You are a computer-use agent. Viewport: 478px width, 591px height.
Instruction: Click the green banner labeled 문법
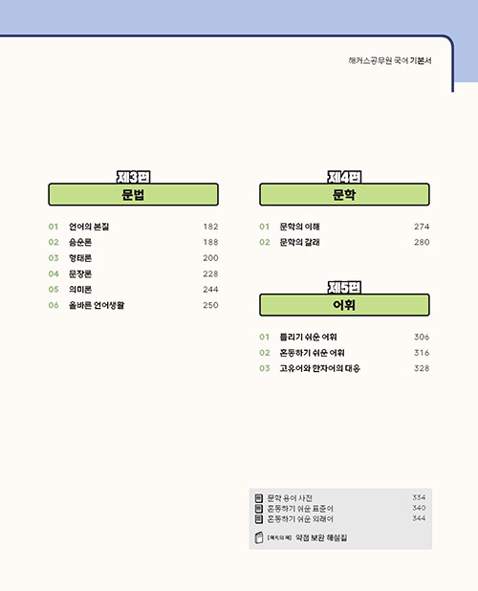[133, 194]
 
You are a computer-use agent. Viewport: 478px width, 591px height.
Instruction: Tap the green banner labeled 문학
[344, 194]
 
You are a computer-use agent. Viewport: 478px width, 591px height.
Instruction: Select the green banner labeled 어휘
[344, 305]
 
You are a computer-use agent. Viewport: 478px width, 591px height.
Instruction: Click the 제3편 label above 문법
[133, 177]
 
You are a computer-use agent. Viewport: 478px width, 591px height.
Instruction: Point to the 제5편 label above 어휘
[344, 287]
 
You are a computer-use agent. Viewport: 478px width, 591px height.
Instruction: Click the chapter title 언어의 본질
[89, 227]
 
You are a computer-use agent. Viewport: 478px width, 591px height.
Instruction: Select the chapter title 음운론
[80, 242]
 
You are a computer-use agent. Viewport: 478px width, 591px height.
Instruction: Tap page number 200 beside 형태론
[210, 258]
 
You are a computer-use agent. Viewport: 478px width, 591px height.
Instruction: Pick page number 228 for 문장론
[210, 274]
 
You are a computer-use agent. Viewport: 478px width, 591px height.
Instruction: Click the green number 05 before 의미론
[54, 290]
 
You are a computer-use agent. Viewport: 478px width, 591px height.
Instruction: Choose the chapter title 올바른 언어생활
[97, 305]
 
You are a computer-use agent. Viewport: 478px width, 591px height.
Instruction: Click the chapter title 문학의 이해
[299, 227]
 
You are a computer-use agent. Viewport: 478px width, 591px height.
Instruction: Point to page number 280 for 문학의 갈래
[422, 242]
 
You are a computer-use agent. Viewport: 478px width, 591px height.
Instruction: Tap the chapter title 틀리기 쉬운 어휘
[308, 337]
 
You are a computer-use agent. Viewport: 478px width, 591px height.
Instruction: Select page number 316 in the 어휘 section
[422, 353]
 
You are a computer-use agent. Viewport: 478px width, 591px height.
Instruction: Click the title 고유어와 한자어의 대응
[320, 368]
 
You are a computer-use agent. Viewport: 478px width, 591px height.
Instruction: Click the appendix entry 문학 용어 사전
[290, 498]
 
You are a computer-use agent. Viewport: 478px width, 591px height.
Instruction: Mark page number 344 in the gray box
[419, 518]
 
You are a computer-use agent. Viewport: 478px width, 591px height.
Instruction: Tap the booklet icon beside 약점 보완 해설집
[259, 537]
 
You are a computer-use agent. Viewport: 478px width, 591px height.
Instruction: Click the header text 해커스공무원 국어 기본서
[390, 60]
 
